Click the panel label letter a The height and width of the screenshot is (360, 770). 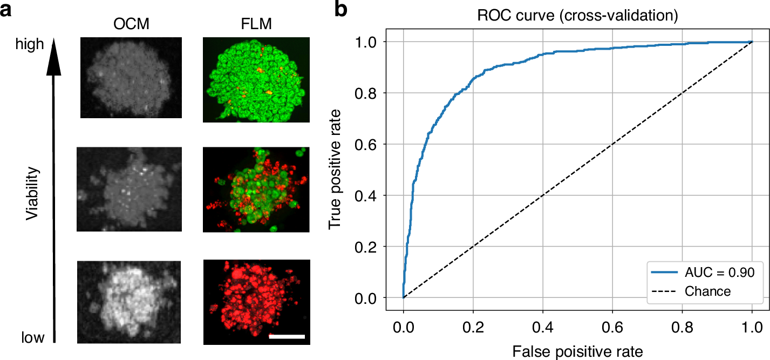pos(8,11)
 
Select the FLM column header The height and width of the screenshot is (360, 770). pos(256,25)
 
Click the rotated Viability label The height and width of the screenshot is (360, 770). pos(34,193)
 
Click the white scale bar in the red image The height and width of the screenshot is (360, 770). pos(287,337)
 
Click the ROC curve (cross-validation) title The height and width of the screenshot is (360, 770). pos(577,16)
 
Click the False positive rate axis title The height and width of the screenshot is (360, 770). pos(577,352)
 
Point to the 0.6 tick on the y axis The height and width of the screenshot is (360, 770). pos(369,144)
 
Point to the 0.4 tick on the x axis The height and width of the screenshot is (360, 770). pos(542,327)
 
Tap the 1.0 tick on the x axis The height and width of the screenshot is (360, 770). pos(752,327)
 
